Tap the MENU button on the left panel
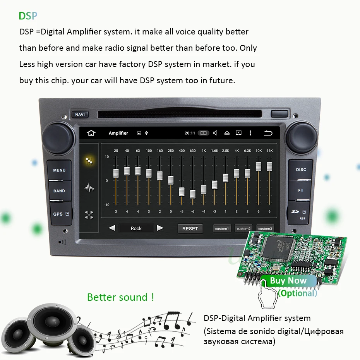[59, 170]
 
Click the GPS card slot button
[60, 214]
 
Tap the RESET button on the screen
[190, 228]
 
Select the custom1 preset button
[222, 229]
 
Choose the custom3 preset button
[265, 229]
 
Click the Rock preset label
[136, 228]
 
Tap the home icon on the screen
[91, 133]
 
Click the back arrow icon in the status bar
[268, 133]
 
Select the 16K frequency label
[269, 151]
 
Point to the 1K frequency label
[204, 151]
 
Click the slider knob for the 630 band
[193, 194]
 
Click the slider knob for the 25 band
[116, 173]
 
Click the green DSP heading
[28, 16]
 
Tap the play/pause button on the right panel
[300, 190]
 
